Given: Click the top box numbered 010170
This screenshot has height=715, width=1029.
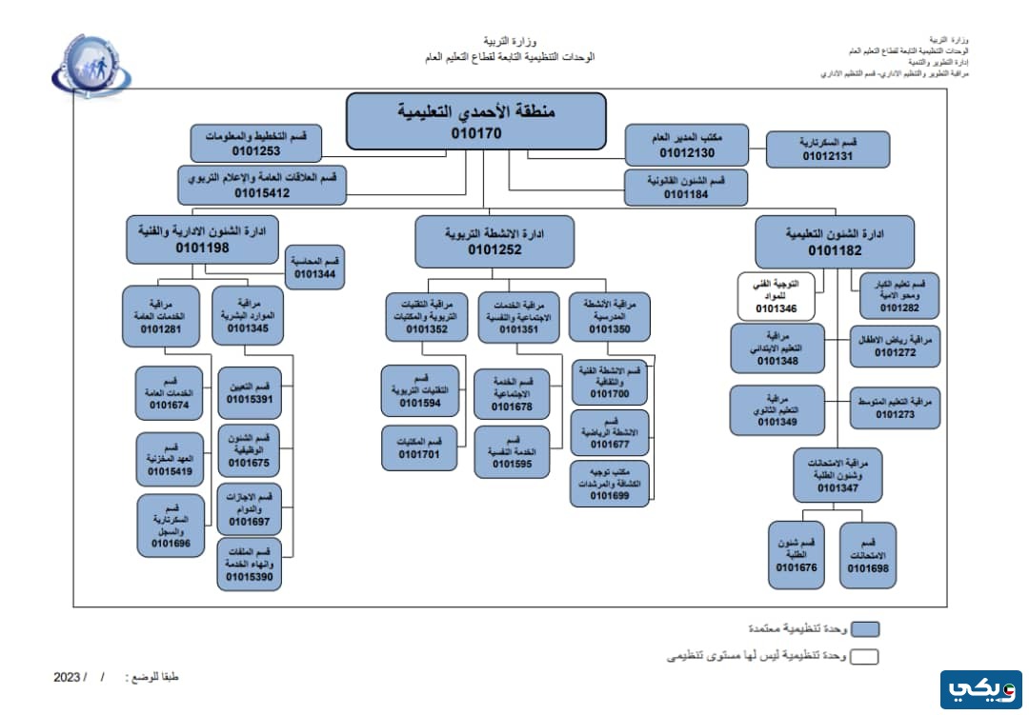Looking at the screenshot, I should click(x=475, y=121).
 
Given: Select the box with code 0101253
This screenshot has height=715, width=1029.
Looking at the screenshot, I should click(x=255, y=143).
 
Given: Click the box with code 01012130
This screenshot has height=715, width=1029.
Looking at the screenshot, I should click(x=687, y=146).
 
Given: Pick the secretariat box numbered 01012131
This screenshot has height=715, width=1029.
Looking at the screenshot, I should click(x=830, y=149).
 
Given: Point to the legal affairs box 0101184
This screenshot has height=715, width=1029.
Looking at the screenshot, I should click(x=686, y=188).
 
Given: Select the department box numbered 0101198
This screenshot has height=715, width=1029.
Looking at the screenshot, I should click(x=202, y=239).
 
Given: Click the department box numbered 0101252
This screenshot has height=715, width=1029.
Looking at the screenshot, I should click(x=494, y=241).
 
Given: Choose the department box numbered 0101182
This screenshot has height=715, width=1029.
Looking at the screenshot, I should click(x=834, y=241).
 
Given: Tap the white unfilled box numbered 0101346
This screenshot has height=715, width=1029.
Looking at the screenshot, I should click(x=777, y=296).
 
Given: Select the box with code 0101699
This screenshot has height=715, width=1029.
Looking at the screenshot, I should click(x=609, y=483).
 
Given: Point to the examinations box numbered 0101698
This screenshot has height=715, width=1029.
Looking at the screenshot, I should click(x=867, y=555).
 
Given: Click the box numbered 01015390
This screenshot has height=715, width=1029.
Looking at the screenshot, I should click(x=250, y=565).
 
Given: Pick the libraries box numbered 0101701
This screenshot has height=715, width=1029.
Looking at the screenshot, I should click(x=419, y=448).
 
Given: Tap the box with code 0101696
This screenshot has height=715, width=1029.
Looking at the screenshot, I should click(x=171, y=526).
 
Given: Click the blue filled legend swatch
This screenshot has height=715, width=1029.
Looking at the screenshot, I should click(x=865, y=628).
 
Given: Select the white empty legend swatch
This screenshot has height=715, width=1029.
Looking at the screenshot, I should click(x=865, y=656).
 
